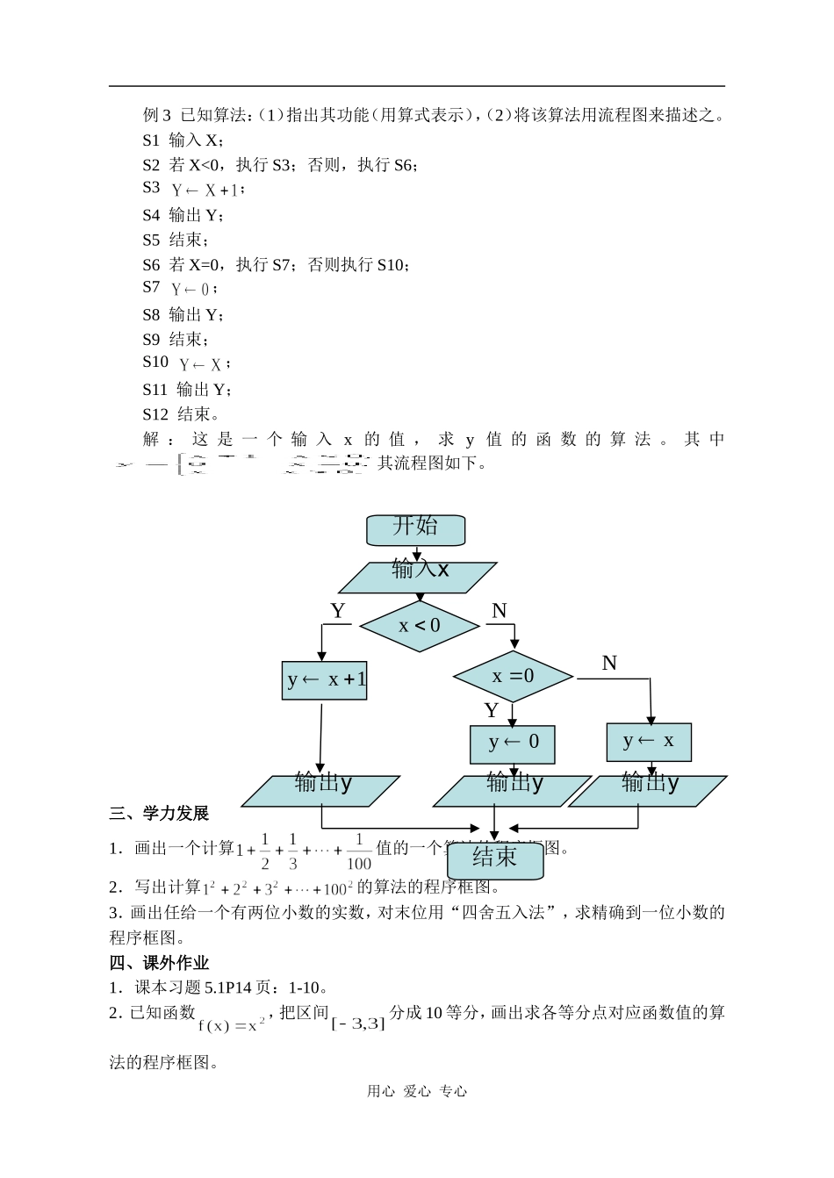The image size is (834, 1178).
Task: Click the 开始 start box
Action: point(415,529)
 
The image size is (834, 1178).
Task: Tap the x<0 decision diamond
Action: point(420,626)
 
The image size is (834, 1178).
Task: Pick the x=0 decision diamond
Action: point(513,676)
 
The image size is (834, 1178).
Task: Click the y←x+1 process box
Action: point(325,680)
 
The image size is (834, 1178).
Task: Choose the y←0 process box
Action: point(513,744)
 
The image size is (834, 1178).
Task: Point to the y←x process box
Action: point(649,742)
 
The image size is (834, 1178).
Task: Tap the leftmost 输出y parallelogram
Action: point(321,790)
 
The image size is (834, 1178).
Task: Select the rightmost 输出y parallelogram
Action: point(649,790)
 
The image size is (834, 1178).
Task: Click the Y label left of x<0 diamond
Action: point(338,611)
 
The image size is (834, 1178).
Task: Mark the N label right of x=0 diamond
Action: point(609,664)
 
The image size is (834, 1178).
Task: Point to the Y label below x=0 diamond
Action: point(492,710)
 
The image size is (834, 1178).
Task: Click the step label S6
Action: point(151,264)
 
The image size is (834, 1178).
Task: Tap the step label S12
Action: point(155,414)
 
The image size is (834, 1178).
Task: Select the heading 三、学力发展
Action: point(159,814)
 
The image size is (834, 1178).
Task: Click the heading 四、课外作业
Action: point(159,963)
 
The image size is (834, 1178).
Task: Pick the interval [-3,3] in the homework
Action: point(358,1023)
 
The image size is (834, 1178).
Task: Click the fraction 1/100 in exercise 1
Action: point(358,851)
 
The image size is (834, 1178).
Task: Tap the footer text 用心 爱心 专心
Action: point(417,1091)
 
